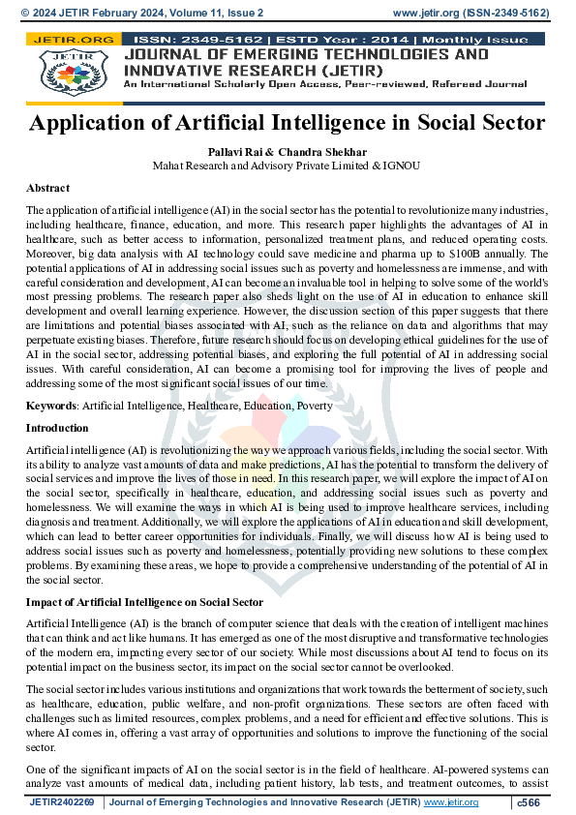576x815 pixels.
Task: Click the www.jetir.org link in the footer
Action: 450,802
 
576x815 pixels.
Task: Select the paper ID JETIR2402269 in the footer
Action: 62,802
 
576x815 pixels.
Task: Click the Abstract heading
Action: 47,188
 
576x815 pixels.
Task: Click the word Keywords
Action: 51,406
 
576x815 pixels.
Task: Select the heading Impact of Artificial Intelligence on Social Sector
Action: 144,602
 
